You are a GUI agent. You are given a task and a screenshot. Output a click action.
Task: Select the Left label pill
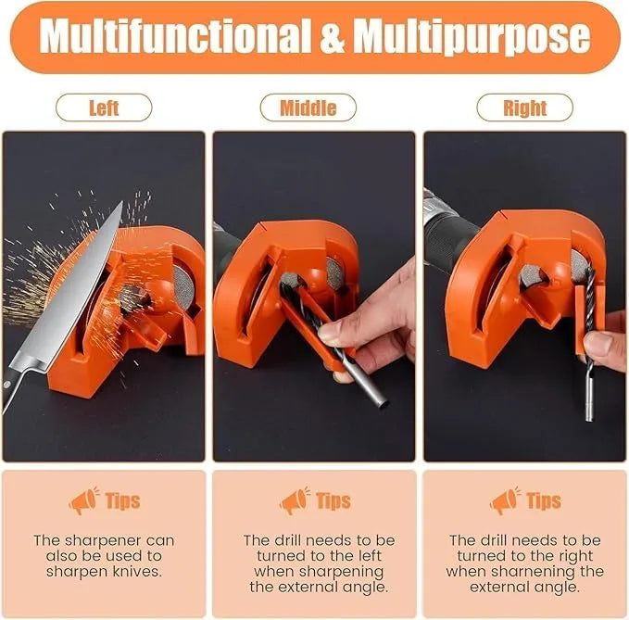[x=104, y=108]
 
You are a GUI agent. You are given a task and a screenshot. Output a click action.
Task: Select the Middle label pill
[x=308, y=108]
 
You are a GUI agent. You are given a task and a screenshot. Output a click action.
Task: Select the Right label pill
[x=524, y=108]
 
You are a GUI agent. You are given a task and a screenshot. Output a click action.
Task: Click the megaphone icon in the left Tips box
[x=83, y=500]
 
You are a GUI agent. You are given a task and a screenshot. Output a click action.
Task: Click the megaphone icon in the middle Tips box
[x=295, y=500]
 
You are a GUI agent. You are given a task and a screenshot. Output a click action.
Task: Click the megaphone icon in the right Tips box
[x=505, y=500]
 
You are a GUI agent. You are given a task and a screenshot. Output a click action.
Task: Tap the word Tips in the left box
[x=122, y=501]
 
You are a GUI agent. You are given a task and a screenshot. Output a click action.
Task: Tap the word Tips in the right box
[x=544, y=501]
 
